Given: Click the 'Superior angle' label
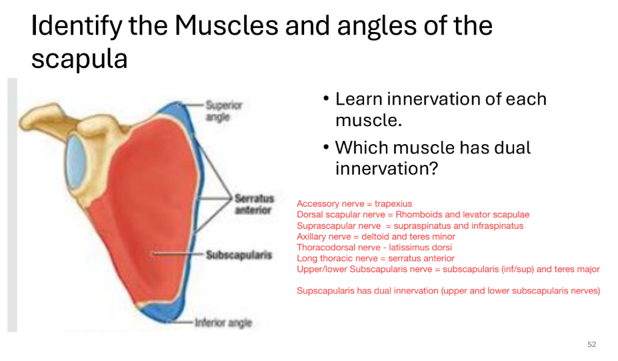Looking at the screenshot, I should coord(223,111).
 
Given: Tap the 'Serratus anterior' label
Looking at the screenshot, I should coord(253,204).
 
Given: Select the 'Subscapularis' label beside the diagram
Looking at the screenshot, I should coord(239,255).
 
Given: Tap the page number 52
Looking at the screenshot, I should coord(591,344).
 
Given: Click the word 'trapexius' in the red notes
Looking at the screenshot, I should coord(393,204).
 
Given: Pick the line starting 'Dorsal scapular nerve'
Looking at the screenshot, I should coord(413,214).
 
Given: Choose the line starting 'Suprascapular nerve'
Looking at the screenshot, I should coord(409,226).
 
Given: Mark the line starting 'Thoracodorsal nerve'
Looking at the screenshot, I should coord(383,248).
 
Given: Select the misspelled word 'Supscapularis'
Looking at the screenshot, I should coord(324,291).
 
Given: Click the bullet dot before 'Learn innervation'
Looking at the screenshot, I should coord(326,99).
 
